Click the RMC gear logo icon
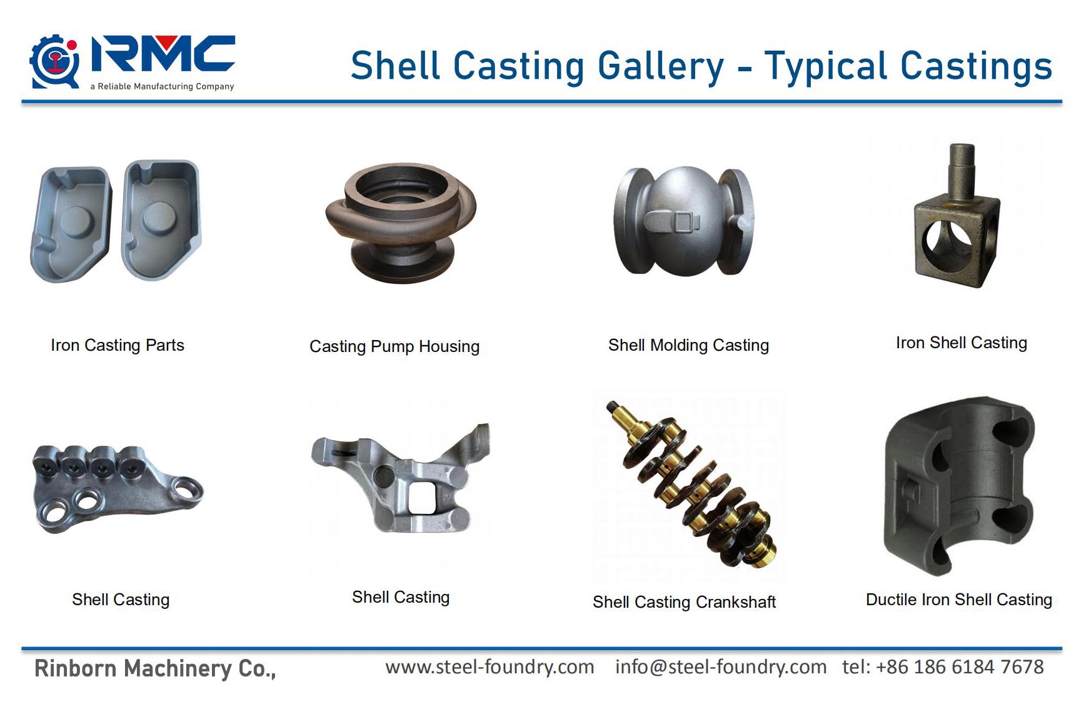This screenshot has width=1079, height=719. pyautogui.click(x=54, y=62)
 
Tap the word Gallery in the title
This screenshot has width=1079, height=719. pyautogui.click(x=661, y=66)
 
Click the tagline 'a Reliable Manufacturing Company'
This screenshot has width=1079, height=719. pyautogui.click(x=162, y=86)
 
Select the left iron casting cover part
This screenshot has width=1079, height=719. pyautogui.click(x=71, y=224)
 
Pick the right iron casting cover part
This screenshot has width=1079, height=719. pyautogui.click(x=161, y=219)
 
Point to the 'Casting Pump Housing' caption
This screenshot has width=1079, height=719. pyautogui.click(x=394, y=346)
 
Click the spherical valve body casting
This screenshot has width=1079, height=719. pyautogui.click(x=685, y=221)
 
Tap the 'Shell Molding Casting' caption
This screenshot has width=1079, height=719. pyautogui.click(x=688, y=345)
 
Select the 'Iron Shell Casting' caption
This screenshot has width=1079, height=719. pyautogui.click(x=961, y=343)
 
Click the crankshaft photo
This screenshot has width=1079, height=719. pyautogui.click(x=691, y=485)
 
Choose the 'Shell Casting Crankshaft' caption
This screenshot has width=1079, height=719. pyautogui.click(x=684, y=602)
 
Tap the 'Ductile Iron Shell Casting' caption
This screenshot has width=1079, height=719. pyautogui.click(x=959, y=600)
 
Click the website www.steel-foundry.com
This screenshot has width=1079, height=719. pyautogui.click(x=489, y=667)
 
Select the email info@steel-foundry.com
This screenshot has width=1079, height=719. pyautogui.click(x=721, y=667)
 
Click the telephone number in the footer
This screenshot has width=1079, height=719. pyautogui.click(x=943, y=666)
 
